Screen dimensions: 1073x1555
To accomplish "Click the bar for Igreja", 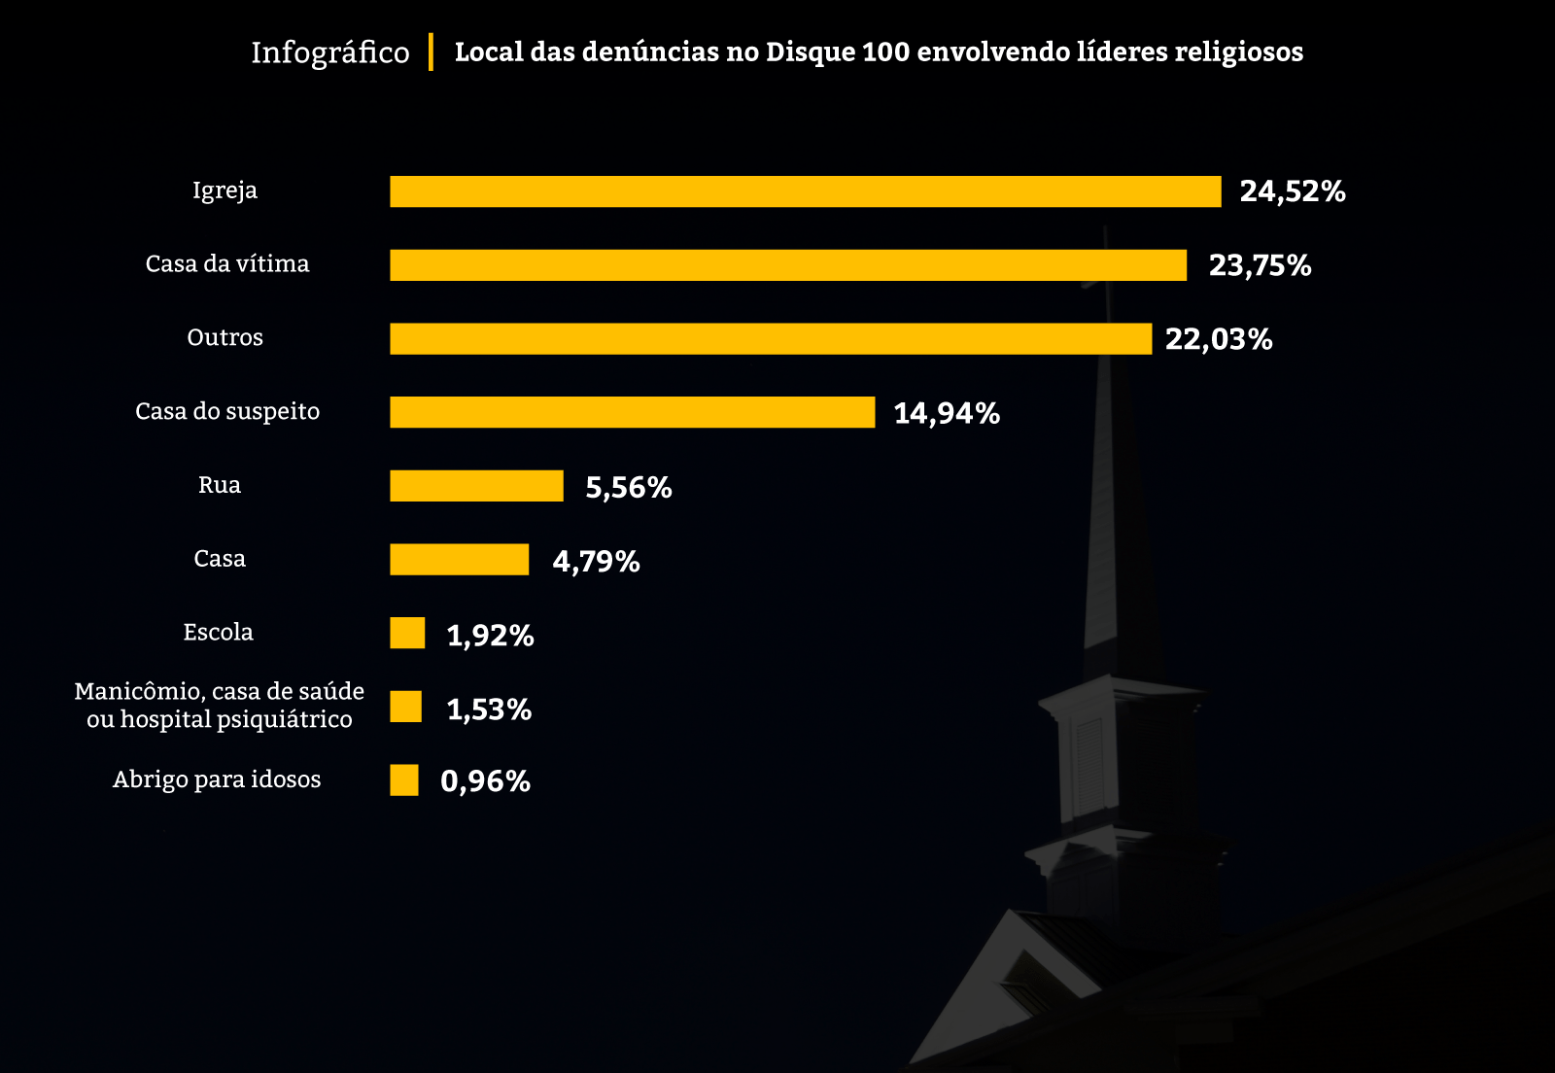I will coord(805,191).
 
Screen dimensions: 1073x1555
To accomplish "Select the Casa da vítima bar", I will coord(788,265).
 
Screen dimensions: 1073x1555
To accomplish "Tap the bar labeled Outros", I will coord(771,339).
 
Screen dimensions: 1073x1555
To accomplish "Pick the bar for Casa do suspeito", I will coord(632,412).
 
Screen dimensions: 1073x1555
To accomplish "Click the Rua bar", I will coord(476,486).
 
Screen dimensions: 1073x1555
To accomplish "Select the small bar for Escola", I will coord(407,633).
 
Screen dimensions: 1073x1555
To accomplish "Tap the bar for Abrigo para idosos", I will coord(404,780).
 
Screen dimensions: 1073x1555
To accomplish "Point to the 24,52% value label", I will coord(1292,191).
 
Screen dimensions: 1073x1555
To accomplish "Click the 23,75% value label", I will coord(1260,265).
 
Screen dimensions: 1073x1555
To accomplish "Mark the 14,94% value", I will coord(946,413).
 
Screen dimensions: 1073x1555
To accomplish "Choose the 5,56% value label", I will coord(628,487).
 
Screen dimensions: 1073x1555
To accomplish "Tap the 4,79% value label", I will coord(596,561).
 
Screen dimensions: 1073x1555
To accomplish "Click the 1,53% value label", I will coord(489,710).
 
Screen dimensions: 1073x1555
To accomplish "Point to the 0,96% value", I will coord(485,781).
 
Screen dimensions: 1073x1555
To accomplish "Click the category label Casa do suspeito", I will coord(227,411).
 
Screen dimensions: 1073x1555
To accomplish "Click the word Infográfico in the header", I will coord(330,52).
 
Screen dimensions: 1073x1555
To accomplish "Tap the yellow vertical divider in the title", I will coord(431,52).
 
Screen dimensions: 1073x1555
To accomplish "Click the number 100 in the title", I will coord(885,52).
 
